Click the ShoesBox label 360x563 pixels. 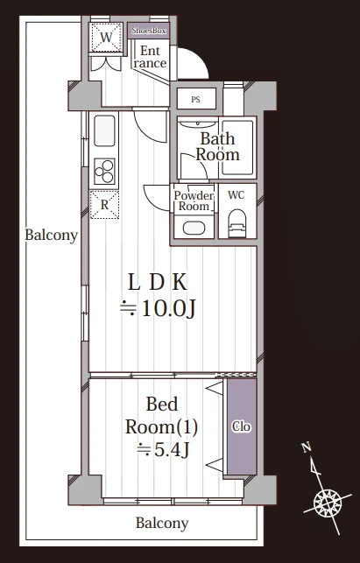[149, 31]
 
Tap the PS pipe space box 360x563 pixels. [196, 99]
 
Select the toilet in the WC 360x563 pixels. [236, 223]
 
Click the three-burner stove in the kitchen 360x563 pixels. [104, 172]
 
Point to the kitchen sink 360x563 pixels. [104, 130]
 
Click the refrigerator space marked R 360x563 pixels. [104, 205]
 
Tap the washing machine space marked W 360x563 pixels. [106, 38]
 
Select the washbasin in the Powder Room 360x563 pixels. [194, 228]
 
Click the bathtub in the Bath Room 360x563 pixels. [237, 147]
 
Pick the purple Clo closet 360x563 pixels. [242, 426]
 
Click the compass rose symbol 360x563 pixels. [328, 502]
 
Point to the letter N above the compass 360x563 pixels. [307, 447]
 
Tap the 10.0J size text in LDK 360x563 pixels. [168, 308]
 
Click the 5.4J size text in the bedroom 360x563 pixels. [172, 450]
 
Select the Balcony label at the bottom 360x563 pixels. [162, 524]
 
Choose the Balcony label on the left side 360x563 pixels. [52, 236]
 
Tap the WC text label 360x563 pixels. [236, 195]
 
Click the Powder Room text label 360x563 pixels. [194, 201]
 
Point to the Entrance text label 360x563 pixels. [150, 57]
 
